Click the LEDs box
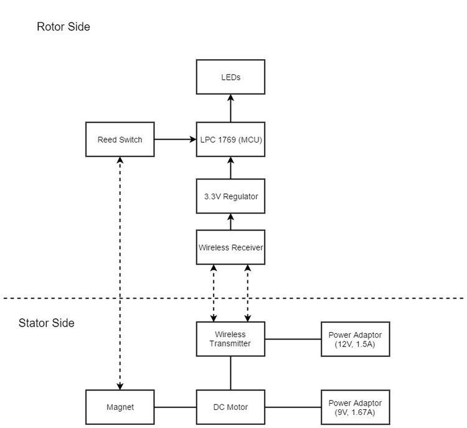pos(230,77)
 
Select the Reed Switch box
pos(120,139)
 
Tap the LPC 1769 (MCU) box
pos(230,139)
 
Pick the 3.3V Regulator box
pos(230,196)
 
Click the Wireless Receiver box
pos(230,247)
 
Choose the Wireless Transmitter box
pos(230,339)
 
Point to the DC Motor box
pos(230,407)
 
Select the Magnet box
pos(120,407)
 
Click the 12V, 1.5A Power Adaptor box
pos(356,339)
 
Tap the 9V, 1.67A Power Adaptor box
pos(356,407)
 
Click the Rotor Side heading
pos(64,27)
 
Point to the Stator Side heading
pos(47,323)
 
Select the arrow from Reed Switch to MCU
pos(175,139)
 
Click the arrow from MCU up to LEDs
pos(230,108)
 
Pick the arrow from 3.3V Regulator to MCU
pos(230,168)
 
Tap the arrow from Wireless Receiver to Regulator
pos(230,222)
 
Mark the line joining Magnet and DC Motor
pos(175,407)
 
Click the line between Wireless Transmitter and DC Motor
pos(230,373)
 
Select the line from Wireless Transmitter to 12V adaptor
pos(293,339)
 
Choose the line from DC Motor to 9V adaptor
pos(293,407)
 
